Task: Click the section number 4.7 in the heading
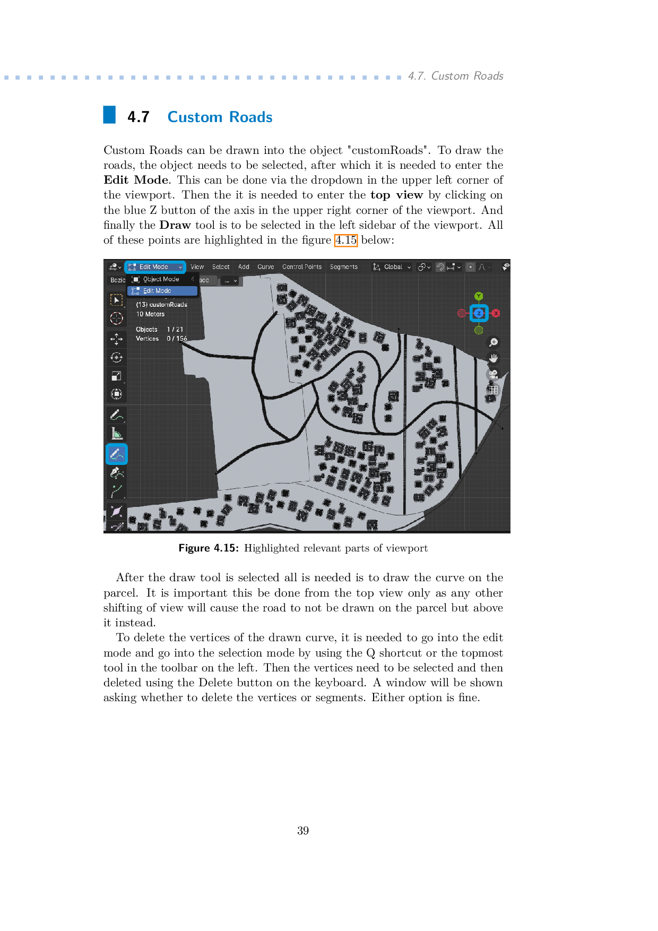pyautogui.click(x=138, y=117)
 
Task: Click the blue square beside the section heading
pyautogui.click(x=109, y=115)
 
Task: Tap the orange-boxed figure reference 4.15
pyautogui.click(x=346, y=240)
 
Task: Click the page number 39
pyautogui.click(x=303, y=831)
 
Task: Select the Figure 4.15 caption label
pyautogui.click(x=209, y=548)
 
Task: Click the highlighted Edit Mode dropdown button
pyautogui.click(x=154, y=267)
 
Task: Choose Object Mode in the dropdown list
pyautogui.click(x=161, y=279)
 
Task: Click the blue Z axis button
pyautogui.click(x=479, y=313)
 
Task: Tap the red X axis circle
pyautogui.click(x=496, y=313)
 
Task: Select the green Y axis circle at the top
pyautogui.click(x=479, y=296)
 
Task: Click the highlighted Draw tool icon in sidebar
pyautogui.click(x=117, y=454)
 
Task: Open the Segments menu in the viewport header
pyautogui.click(x=343, y=267)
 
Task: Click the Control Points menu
pyautogui.click(x=302, y=267)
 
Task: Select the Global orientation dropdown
pyautogui.click(x=393, y=267)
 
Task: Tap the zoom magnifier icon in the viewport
pyautogui.click(x=493, y=342)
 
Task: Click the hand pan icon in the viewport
pyautogui.click(x=493, y=358)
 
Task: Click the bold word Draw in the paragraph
pyautogui.click(x=175, y=225)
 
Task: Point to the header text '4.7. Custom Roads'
pyautogui.click(x=455, y=76)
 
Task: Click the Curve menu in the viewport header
pyautogui.click(x=265, y=267)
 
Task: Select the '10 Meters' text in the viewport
pyautogui.click(x=150, y=314)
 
